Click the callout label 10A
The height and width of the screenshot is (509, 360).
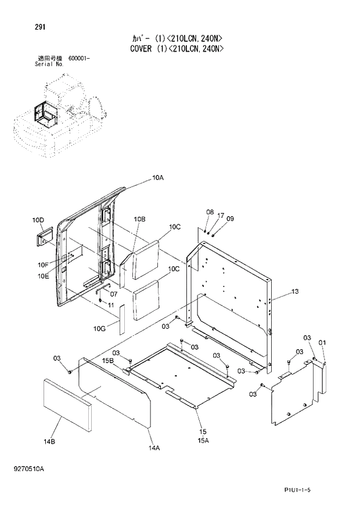click(x=158, y=178)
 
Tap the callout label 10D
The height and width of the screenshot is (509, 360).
click(x=38, y=220)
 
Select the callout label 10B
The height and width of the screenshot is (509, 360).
click(x=139, y=219)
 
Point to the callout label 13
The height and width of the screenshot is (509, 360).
click(x=295, y=291)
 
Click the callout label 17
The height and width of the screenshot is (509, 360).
click(x=221, y=215)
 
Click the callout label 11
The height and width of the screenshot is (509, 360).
click(x=111, y=304)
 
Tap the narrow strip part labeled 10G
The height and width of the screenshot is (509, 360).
click(x=122, y=320)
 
